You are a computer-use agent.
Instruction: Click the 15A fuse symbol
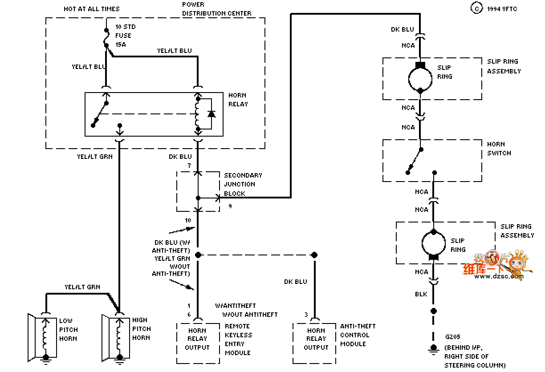pyautogui.click(x=106, y=38)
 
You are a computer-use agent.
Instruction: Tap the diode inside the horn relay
pyautogui.click(x=211, y=114)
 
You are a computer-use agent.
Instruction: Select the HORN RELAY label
pyautogui.click(x=238, y=100)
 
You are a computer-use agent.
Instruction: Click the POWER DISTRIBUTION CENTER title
pyautogui.click(x=216, y=9)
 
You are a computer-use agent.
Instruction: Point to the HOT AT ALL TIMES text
pyautogui.click(x=91, y=9)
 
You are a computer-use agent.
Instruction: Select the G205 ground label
pyautogui.click(x=452, y=337)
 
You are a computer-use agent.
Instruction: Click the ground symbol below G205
pyautogui.click(x=433, y=350)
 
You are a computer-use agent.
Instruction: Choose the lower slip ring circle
pyautogui.click(x=422, y=243)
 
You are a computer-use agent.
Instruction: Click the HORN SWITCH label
pyautogui.click(x=499, y=149)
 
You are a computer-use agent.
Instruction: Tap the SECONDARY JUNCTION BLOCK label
pyautogui.click(x=243, y=184)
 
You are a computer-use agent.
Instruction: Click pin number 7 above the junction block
pyautogui.click(x=189, y=166)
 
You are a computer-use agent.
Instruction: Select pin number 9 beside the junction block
pyautogui.click(x=230, y=206)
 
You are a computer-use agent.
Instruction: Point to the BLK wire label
pyautogui.click(x=421, y=294)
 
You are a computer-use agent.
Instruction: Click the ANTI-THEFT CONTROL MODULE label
pyautogui.click(x=358, y=335)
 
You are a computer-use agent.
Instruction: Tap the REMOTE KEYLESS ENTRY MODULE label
pyautogui.click(x=239, y=340)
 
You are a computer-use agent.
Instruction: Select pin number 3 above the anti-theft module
pyautogui.click(x=306, y=315)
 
